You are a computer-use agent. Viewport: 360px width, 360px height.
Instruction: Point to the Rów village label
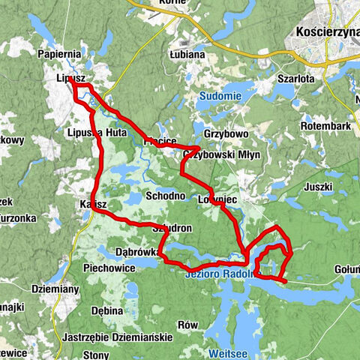click(188, 325)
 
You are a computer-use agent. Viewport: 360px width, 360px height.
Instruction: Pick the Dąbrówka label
click(136, 252)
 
